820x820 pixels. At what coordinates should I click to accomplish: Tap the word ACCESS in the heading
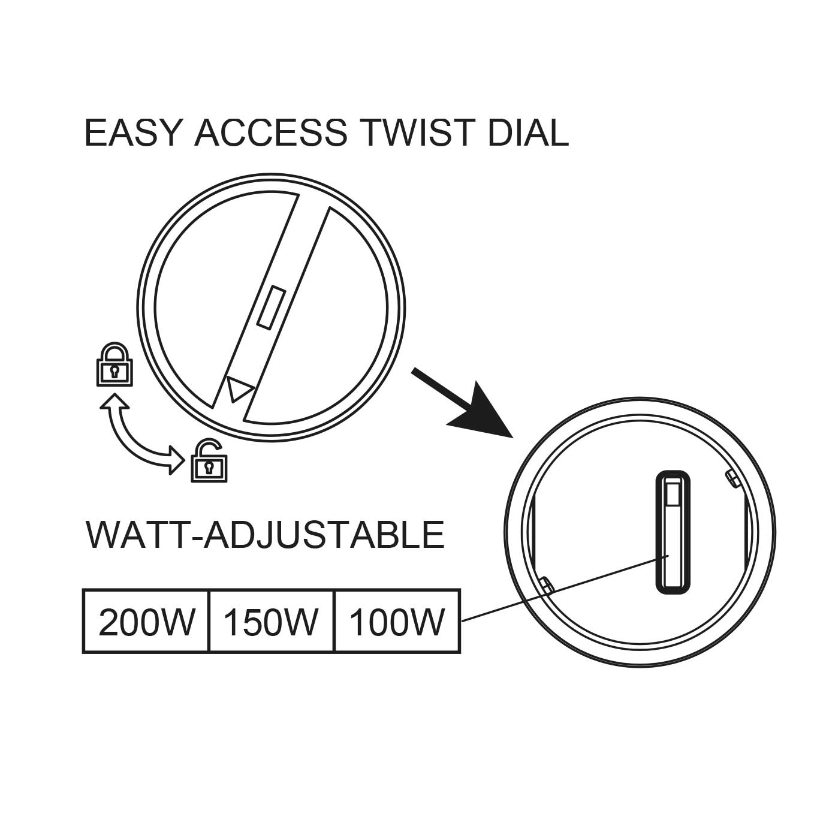click(x=271, y=132)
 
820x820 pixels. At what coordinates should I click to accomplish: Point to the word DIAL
click(x=528, y=132)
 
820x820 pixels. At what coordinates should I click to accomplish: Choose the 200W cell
click(x=146, y=623)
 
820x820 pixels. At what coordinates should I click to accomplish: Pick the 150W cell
click(x=272, y=623)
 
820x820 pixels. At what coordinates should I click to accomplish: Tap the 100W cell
click(x=397, y=623)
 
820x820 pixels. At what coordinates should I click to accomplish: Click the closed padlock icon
click(x=114, y=364)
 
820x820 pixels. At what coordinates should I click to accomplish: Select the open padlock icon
click(x=209, y=461)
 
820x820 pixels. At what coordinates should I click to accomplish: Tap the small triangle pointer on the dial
click(x=239, y=388)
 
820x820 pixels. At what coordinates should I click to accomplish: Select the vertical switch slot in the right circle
click(x=673, y=532)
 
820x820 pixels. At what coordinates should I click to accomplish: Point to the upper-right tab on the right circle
click(x=732, y=478)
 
